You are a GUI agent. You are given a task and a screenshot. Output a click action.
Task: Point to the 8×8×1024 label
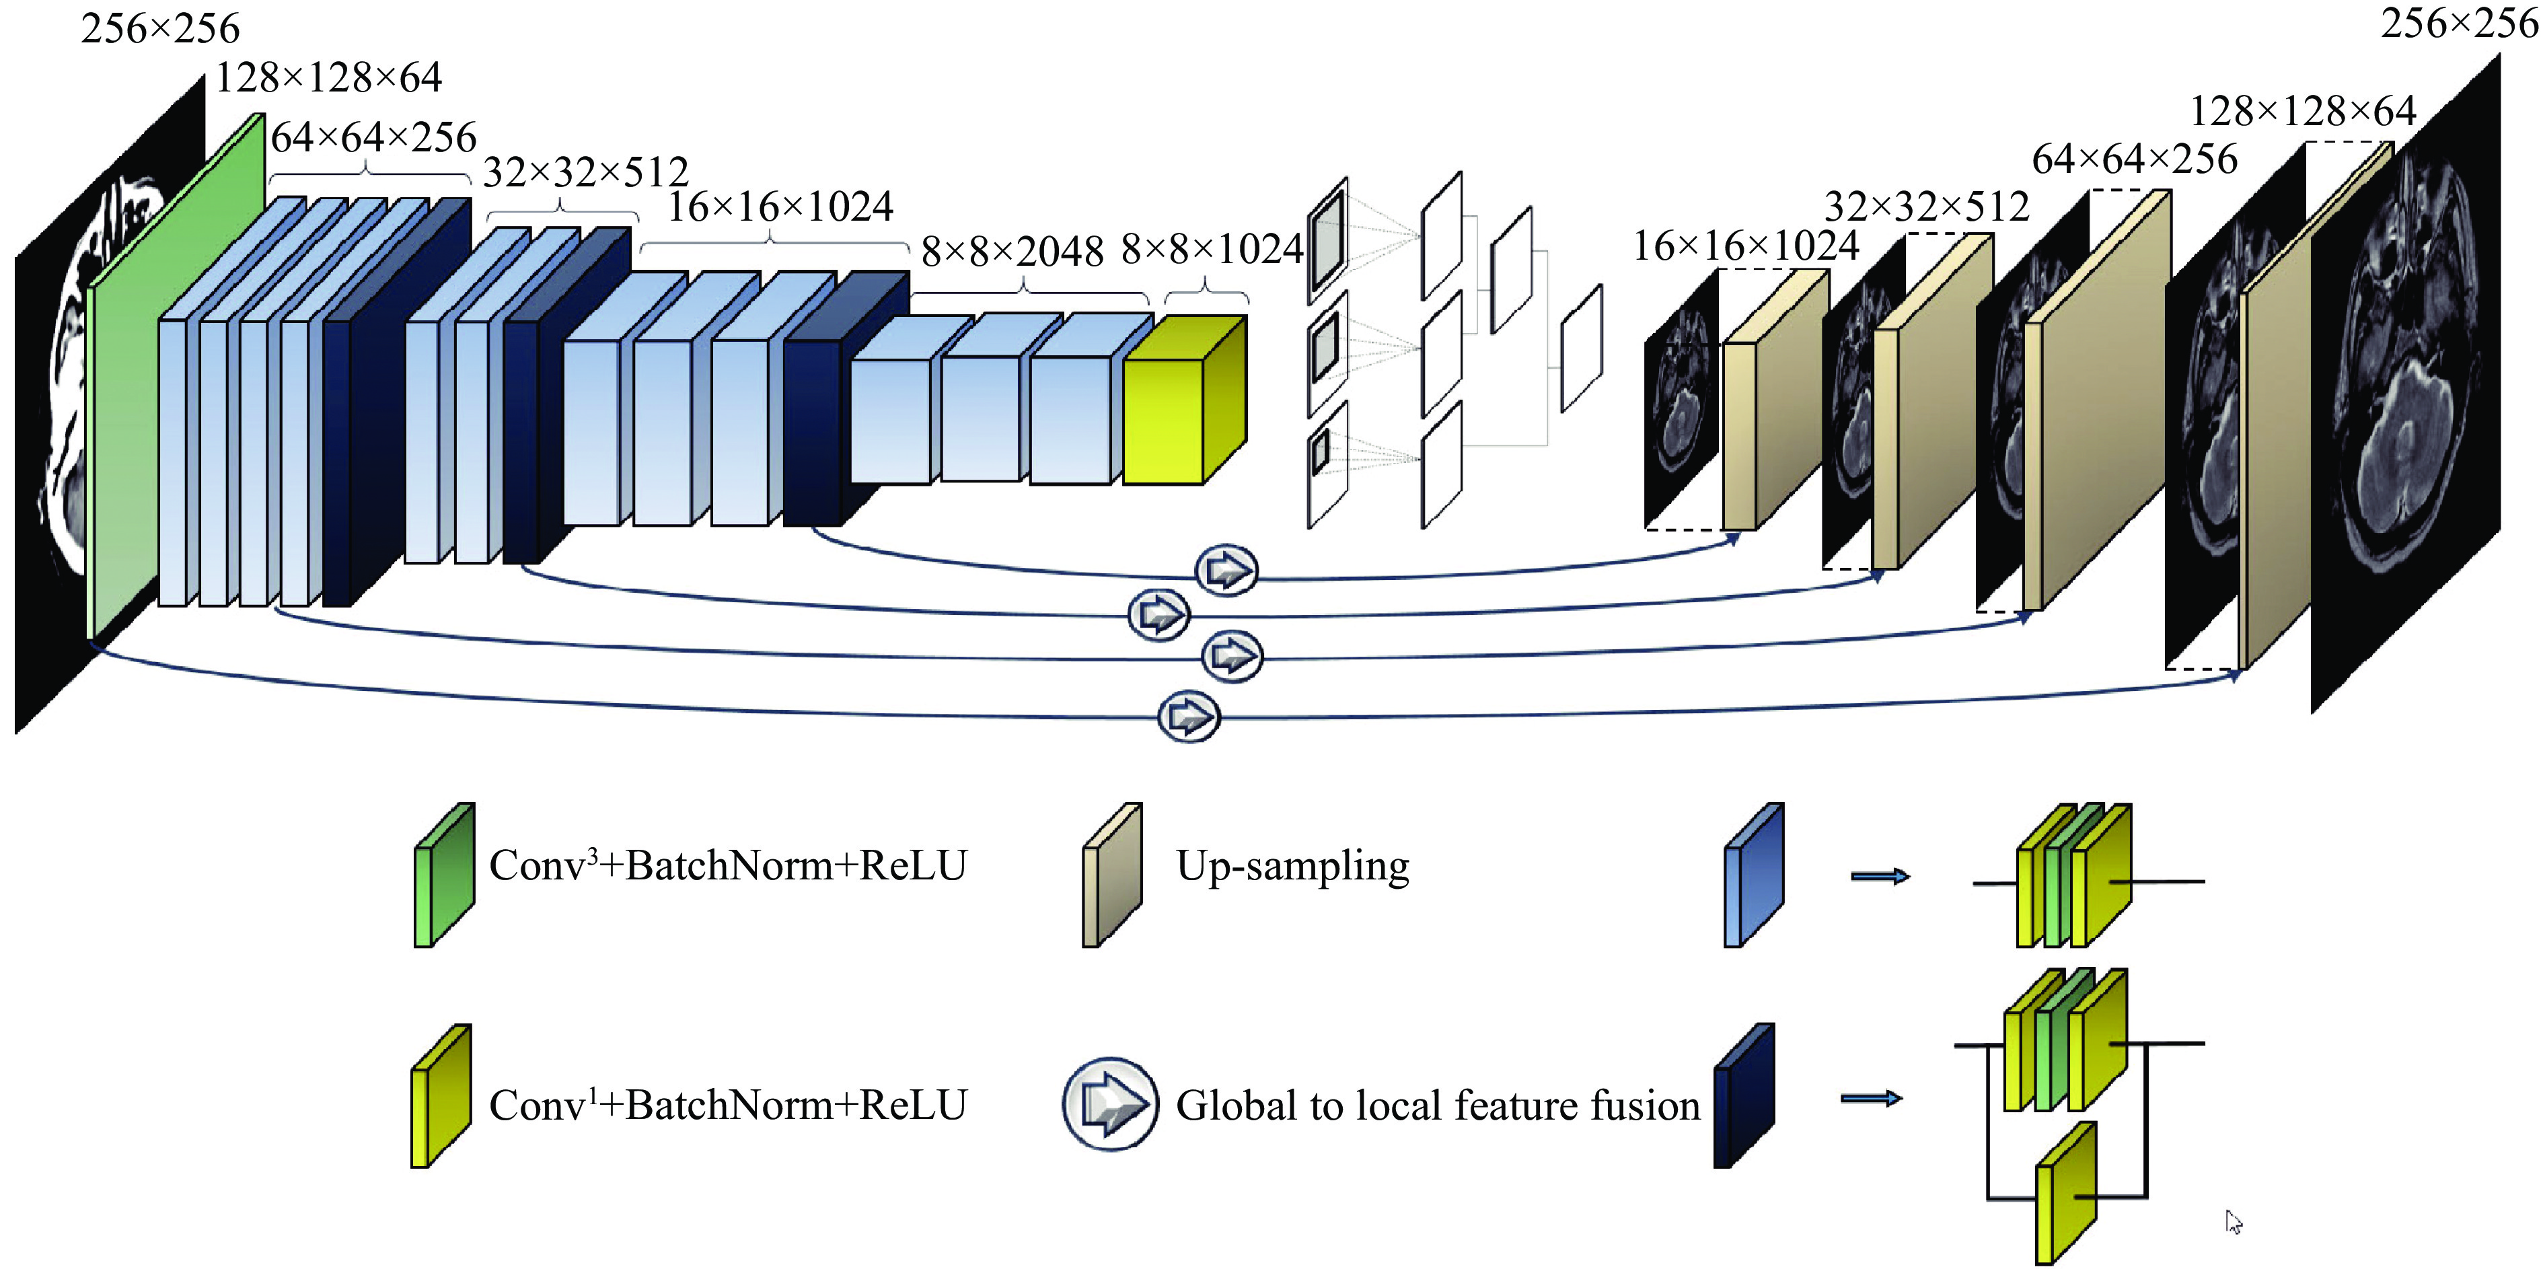(1212, 249)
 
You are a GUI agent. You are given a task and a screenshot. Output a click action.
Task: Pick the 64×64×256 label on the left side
(373, 137)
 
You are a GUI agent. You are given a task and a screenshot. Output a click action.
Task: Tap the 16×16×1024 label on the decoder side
(1745, 246)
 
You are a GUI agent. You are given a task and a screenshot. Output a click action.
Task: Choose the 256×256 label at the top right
(2458, 24)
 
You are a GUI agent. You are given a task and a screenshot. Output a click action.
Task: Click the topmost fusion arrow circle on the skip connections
(1226, 570)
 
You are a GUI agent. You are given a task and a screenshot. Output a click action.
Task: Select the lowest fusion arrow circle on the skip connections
(1189, 716)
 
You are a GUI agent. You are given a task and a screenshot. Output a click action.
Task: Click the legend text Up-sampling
(1292, 866)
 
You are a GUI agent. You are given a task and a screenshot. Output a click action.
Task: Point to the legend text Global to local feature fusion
(1438, 1105)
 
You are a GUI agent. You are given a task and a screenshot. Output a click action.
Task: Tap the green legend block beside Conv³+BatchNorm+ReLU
(443, 876)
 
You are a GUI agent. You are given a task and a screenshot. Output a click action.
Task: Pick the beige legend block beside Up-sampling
(1111, 876)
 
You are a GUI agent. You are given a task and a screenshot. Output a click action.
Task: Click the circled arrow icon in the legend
(1109, 1104)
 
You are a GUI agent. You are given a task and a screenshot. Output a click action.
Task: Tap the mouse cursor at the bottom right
(2233, 1222)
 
